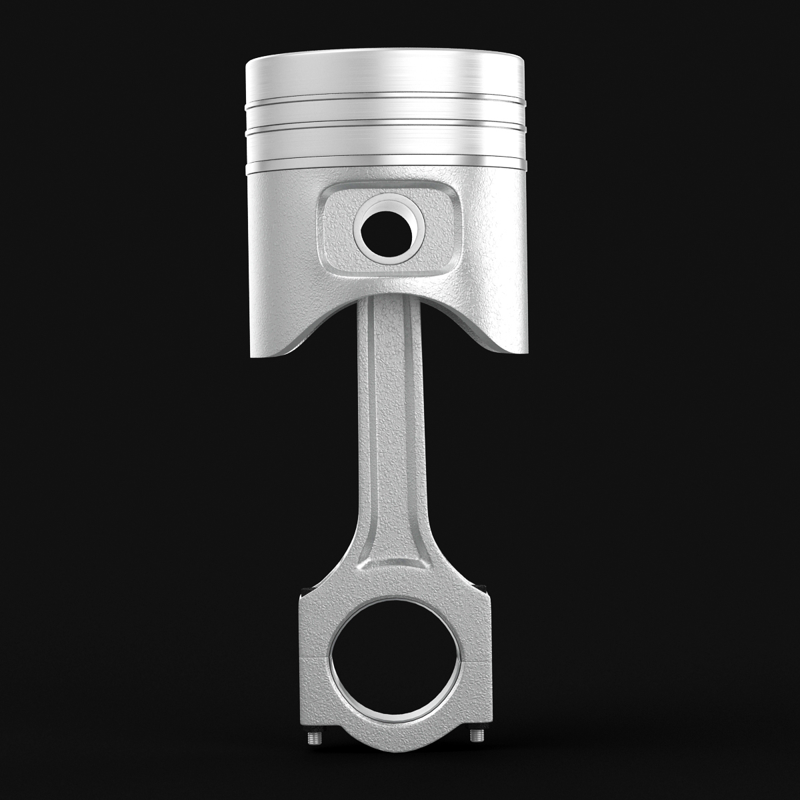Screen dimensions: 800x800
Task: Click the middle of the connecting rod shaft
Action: (392, 453)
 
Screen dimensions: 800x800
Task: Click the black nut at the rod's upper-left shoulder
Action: (305, 587)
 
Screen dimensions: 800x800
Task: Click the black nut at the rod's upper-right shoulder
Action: (483, 587)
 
